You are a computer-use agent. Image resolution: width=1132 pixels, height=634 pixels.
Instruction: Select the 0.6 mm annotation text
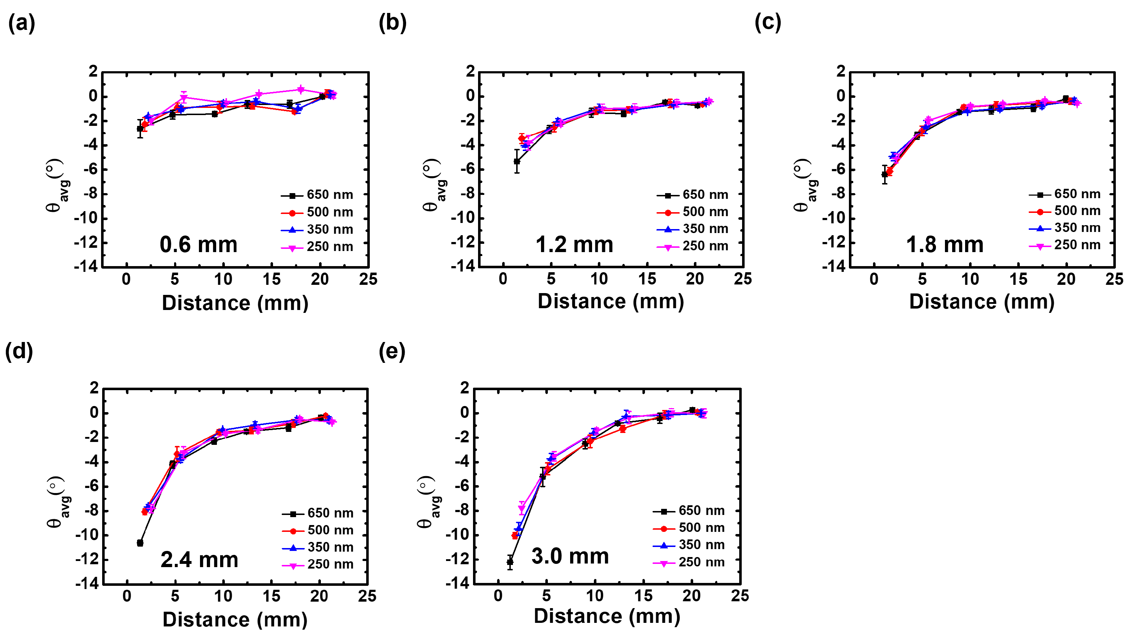coord(198,245)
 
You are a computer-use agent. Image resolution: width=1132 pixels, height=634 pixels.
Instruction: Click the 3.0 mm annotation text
coord(570,556)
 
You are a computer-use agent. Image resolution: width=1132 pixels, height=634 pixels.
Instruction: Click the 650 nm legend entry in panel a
coord(317,195)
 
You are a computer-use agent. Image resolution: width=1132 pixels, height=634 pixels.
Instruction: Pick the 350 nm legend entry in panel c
coord(1064,228)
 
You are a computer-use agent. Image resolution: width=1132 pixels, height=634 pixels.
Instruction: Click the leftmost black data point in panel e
coord(510,562)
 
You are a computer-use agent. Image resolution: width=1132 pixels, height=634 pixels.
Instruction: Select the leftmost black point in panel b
coord(517,161)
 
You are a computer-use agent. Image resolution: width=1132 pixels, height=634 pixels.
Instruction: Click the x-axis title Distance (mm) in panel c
coord(981,302)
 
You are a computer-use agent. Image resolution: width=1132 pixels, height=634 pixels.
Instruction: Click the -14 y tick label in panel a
coord(86,266)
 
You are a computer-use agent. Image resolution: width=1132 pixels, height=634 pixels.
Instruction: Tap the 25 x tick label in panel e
coord(740,596)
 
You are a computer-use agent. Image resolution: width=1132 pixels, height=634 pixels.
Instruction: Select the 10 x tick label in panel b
coord(599,279)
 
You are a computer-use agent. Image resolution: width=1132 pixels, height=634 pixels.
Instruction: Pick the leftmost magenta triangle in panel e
coord(522,508)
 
